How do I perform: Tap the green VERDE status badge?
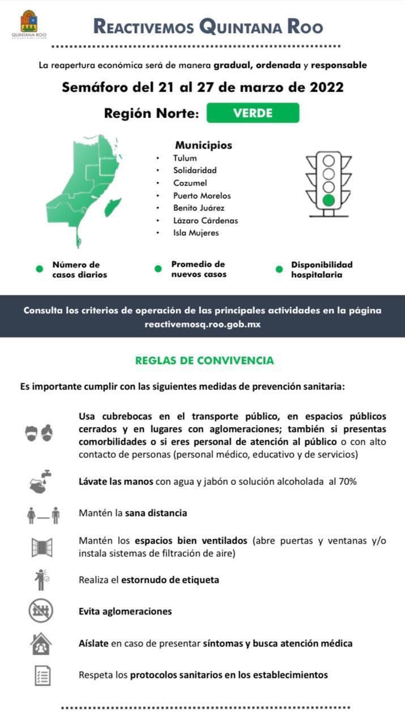point(253,113)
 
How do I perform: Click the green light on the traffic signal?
point(329,200)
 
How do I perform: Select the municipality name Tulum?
point(185,158)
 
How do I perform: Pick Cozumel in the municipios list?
point(190,183)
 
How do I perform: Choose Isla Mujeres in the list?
point(196,233)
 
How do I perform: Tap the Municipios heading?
point(203,145)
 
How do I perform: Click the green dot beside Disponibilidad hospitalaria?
point(279,269)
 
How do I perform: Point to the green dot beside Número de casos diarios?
point(40,269)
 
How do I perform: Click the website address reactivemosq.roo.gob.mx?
point(202,325)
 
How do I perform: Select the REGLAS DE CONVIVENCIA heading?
point(204,360)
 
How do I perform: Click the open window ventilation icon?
point(41,547)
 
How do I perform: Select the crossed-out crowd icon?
point(41,611)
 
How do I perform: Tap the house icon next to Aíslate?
point(41,643)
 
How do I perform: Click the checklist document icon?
point(41,675)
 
